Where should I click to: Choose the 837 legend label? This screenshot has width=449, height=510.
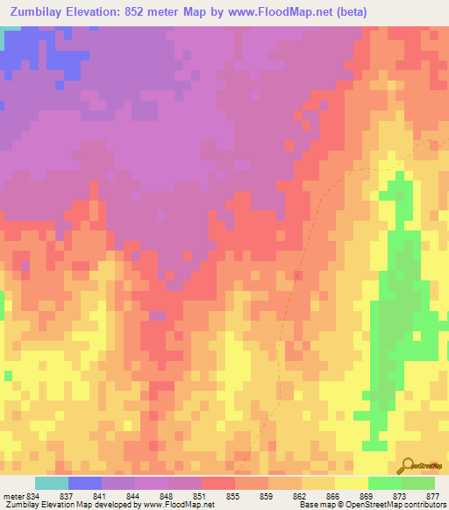[67, 495]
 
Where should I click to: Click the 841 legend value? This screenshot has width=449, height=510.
[100, 495]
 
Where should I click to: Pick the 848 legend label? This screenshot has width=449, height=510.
[167, 495]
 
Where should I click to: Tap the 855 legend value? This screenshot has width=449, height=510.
[233, 495]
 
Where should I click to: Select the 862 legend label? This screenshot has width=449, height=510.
[300, 495]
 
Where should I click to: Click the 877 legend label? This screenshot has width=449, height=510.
[433, 495]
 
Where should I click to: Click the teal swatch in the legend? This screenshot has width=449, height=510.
[52, 483]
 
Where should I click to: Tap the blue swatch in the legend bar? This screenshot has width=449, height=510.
[85, 483]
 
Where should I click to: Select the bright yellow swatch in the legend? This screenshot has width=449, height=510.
[352, 483]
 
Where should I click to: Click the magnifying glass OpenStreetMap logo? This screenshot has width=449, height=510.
[407, 465]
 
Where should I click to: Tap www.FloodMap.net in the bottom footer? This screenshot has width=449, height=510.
[179, 505]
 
